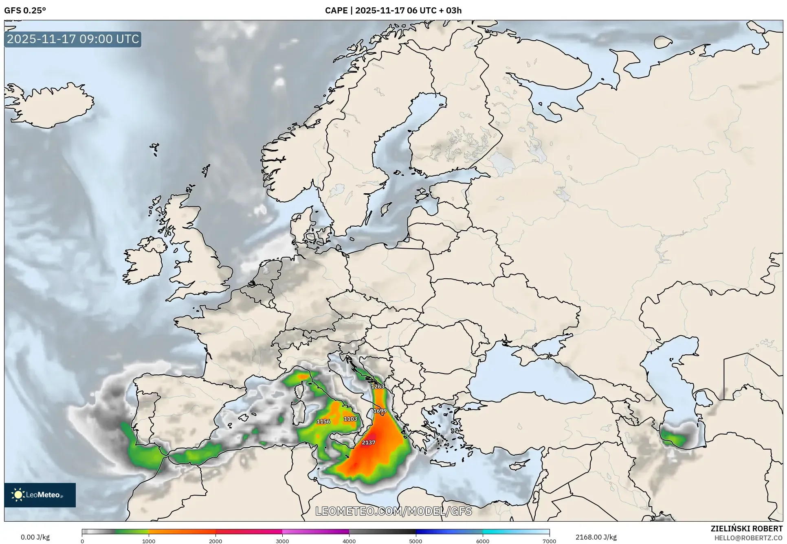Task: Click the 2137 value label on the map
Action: click(368, 442)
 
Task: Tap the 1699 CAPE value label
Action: click(380, 411)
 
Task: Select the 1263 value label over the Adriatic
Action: click(378, 387)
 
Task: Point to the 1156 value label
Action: click(323, 422)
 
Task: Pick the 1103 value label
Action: click(350, 419)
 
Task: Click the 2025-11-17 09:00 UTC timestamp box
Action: click(73, 39)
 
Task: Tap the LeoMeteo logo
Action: click(40, 495)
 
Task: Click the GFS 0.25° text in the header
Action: click(25, 11)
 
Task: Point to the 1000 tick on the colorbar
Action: click(149, 541)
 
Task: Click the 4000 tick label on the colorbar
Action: click(349, 541)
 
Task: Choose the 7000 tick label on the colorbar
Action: click(549, 541)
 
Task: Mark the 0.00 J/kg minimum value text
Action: click(35, 537)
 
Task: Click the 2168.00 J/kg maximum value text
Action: click(596, 537)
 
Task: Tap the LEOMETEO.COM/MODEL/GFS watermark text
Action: click(393, 511)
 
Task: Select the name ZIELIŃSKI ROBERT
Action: click(746, 529)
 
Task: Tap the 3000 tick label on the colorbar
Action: click(282, 541)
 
